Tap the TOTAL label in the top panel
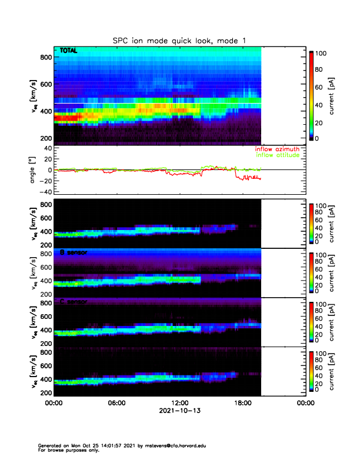click(68, 52)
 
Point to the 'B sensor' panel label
click(72, 252)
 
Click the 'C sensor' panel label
click(72, 302)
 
